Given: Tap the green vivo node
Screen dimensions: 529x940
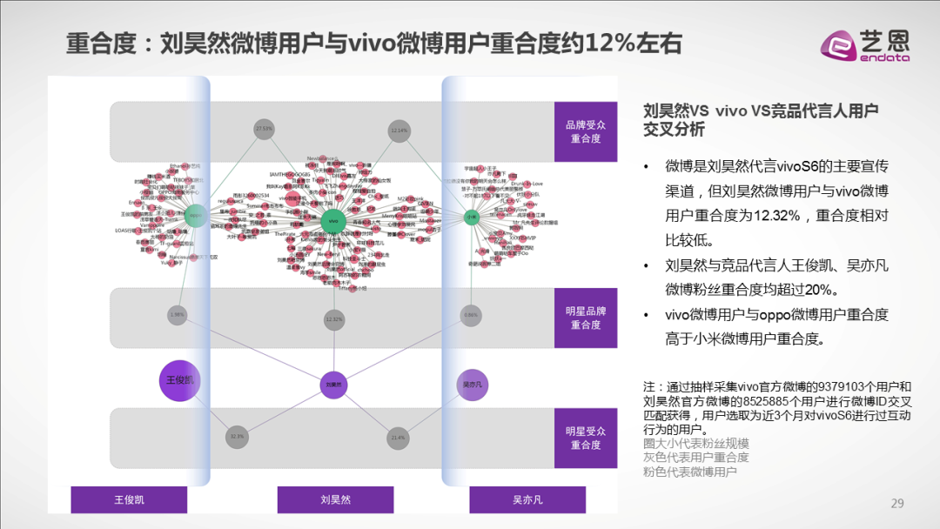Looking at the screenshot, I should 334,221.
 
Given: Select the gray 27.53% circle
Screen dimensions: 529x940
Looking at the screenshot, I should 264,129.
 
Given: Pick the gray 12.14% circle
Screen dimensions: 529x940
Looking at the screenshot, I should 399,130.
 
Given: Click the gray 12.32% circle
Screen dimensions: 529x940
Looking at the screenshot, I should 334,319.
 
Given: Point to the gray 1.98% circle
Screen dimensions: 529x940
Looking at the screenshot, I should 177,314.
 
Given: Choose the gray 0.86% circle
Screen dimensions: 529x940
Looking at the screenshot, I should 471,314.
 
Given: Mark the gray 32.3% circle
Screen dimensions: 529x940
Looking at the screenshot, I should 237,436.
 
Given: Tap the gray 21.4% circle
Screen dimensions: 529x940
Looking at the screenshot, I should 399,437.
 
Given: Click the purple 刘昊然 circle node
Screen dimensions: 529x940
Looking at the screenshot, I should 334,384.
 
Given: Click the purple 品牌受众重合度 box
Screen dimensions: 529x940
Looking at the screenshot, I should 585,131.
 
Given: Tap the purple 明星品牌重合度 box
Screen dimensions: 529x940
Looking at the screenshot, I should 585,318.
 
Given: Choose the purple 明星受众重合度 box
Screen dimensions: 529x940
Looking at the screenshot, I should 585,438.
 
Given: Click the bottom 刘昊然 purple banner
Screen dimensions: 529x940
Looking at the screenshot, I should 335,499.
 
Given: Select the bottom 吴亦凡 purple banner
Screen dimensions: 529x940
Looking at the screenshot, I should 527,499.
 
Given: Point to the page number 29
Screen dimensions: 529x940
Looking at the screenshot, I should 898,503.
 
